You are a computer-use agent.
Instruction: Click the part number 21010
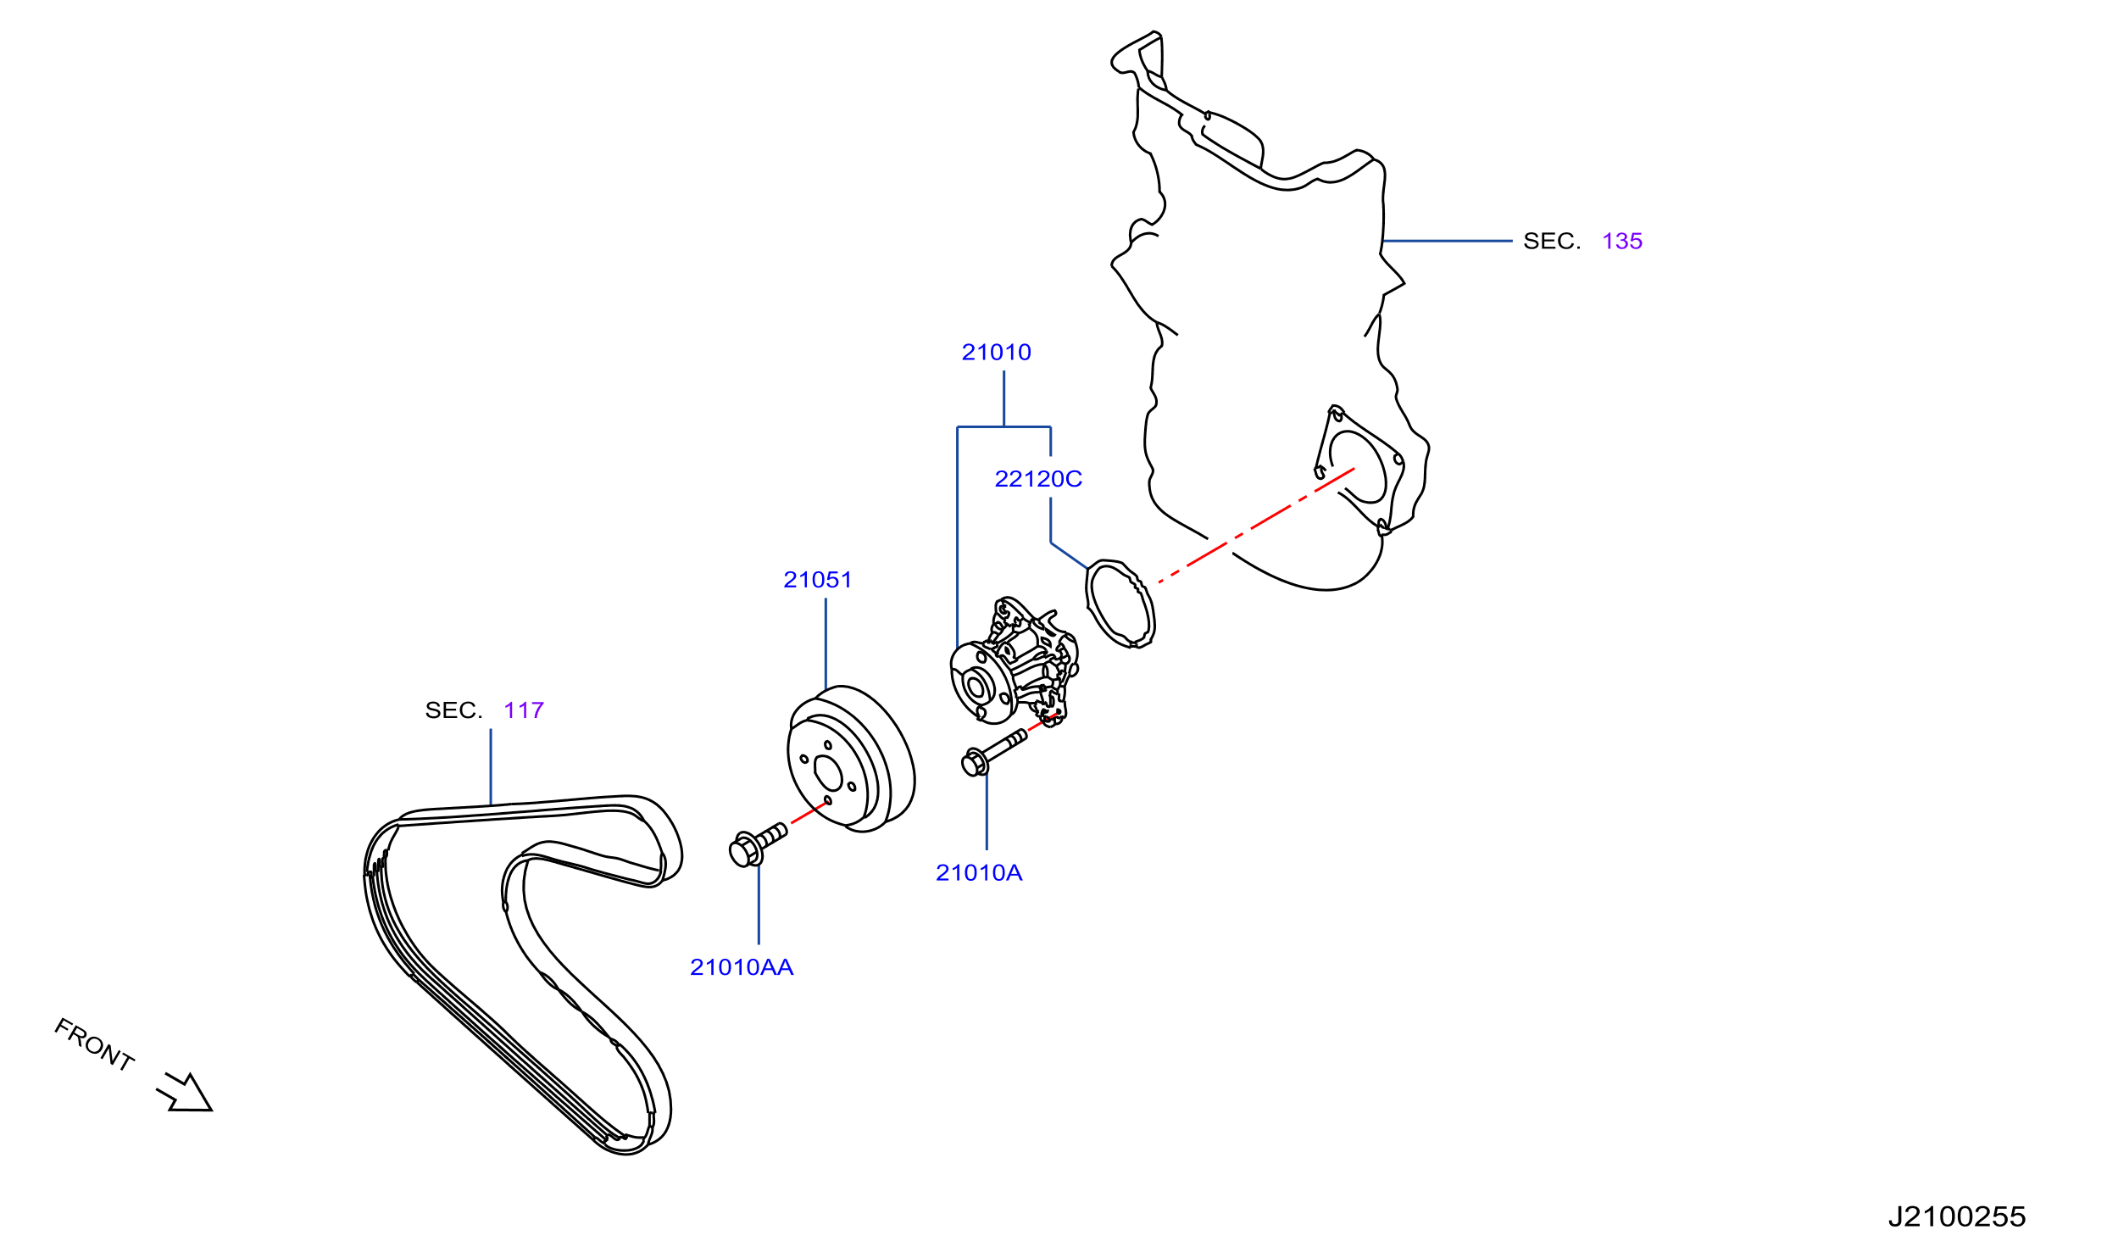(x=996, y=352)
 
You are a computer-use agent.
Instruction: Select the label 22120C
(x=1038, y=479)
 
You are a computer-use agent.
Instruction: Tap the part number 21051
(x=817, y=580)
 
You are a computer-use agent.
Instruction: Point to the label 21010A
(x=979, y=873)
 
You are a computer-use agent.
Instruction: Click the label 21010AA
(x=742, y=967)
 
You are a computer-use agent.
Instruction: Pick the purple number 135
(x=1622, y=242)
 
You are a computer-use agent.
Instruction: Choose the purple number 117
(x=524, y=710)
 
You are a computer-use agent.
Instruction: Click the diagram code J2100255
(x=1956, y=1217)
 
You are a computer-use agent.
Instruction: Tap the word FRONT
(x=94, y=1045)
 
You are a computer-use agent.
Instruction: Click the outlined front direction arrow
(x=186, y=1094)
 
